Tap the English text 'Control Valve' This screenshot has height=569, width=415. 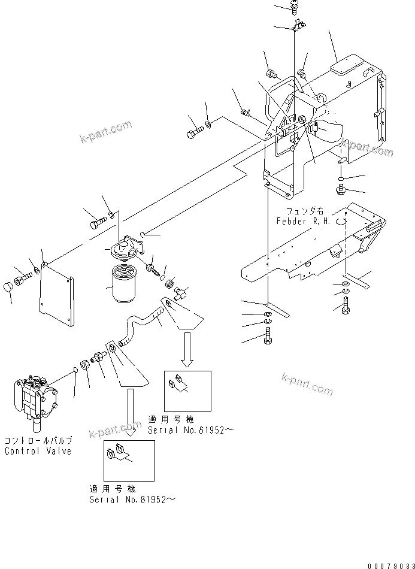point(38,451)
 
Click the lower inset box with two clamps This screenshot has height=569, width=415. point(129,460)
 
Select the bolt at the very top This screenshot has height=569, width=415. point(295,7)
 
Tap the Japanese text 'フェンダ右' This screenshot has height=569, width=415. point(305,211)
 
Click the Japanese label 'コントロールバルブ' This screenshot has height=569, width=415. point(38,441)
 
